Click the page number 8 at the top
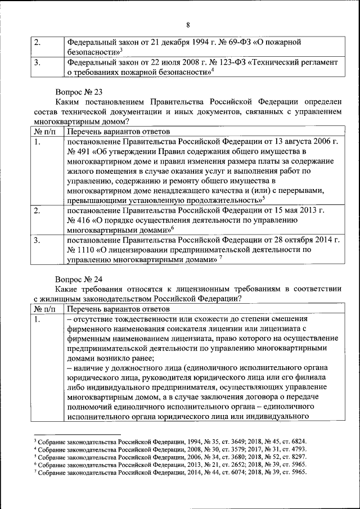pyautogui.click(x=187, y=24)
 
